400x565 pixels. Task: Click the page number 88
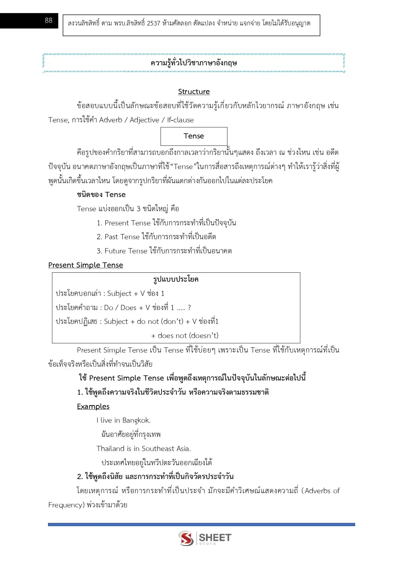48,21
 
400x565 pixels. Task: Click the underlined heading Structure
194,92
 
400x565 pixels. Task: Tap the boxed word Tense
194,136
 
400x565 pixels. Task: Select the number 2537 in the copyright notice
153,23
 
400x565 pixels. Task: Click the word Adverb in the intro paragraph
111,120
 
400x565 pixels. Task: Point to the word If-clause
180,120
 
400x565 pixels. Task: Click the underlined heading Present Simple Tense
85,265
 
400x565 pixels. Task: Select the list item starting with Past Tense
156,237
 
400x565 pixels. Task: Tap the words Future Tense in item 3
126,251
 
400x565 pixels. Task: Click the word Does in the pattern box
128,308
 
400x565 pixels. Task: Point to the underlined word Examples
93,407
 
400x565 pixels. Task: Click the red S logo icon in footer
186,538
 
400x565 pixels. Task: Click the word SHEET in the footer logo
215,537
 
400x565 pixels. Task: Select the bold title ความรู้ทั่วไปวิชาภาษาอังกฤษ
194,63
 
